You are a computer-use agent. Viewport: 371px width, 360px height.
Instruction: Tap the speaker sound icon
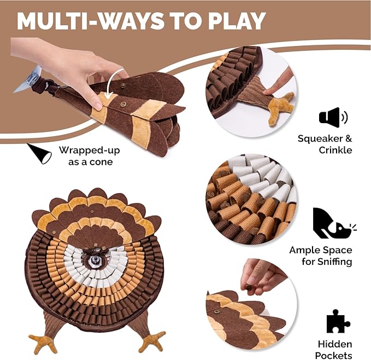point(333,117)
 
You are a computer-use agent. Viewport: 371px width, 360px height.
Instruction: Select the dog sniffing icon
point(333,223)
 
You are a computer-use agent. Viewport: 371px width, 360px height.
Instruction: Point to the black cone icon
point(40,154)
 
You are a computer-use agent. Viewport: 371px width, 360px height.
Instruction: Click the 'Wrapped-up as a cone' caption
point(89,155)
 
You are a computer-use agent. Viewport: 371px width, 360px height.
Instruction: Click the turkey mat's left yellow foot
point(43,342)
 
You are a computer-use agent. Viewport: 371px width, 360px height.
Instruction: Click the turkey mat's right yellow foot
point(151,341)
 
